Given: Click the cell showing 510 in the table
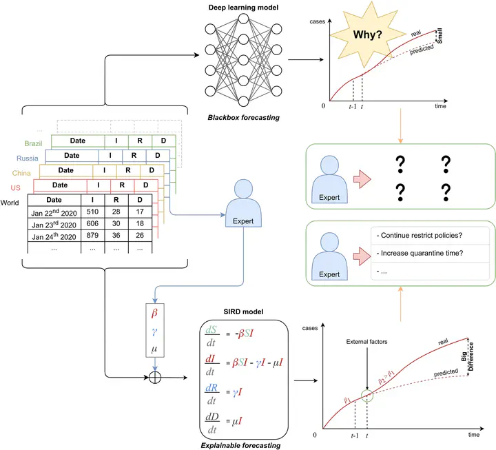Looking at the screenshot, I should click(93, 213).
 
